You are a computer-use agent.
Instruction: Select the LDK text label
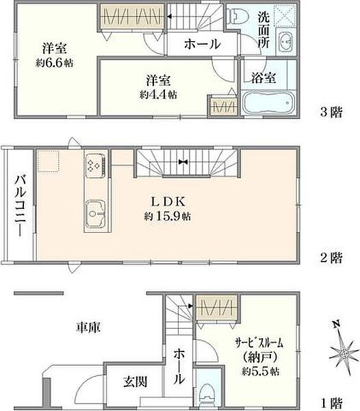tap(166, 201)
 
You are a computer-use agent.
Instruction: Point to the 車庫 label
tap(88, 328)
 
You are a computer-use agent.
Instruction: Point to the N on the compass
tap(333, 325)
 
